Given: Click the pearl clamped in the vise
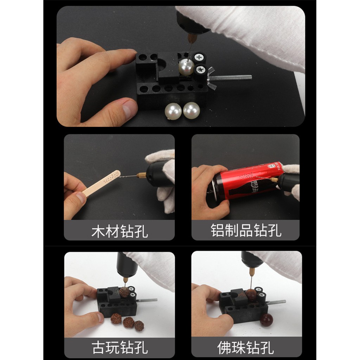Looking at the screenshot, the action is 186,67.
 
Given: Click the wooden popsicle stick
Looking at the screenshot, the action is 101,183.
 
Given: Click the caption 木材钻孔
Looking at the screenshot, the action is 120,231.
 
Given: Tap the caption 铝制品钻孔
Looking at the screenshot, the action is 246,230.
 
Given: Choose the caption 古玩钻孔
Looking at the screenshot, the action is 120,347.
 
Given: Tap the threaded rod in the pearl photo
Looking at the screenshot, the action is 232,77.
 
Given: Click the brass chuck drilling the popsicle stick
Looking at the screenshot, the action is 141,175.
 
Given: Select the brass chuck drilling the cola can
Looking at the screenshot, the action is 274,180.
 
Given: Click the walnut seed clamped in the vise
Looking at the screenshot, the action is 124,292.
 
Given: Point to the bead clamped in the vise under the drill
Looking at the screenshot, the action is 251,295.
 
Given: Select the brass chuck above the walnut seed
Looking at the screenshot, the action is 126,280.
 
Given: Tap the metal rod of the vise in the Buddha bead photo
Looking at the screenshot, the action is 276,302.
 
